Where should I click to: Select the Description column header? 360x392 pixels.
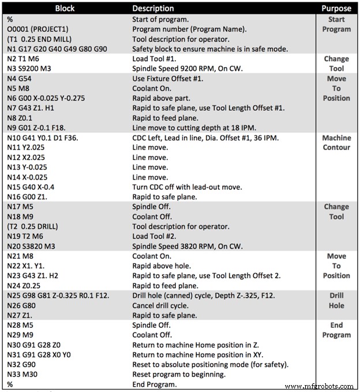pyautogui.click(x=153, y=9)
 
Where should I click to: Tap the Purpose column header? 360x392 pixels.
pyautogui.click(x=336, y=9)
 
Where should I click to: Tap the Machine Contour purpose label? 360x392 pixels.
pyautogui.click(x=336, y=143)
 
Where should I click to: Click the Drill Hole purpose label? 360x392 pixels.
pyautogui.click(x=336, y=300)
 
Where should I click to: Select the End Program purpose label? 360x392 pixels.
pyautogui.click(x=336, y=330)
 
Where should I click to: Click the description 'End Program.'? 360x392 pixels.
pyautogui.click(x=155, y=384)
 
